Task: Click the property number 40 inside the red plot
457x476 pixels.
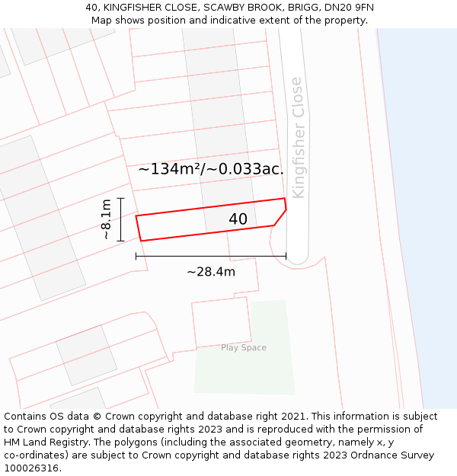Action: (x=238, y=219)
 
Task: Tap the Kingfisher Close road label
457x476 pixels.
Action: (x=298, y=138)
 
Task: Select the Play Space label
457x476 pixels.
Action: (x=244, y=348)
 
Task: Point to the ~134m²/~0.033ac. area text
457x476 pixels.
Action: (x=211, y=169)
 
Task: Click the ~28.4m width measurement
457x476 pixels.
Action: (x=211, y=272)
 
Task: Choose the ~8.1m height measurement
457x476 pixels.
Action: (x=107, y=219)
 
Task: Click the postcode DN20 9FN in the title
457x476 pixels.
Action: (x=347, y=8)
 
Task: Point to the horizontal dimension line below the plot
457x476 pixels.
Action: (x=211, y=257)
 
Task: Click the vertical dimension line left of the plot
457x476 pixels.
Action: (x=121, y=219)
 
